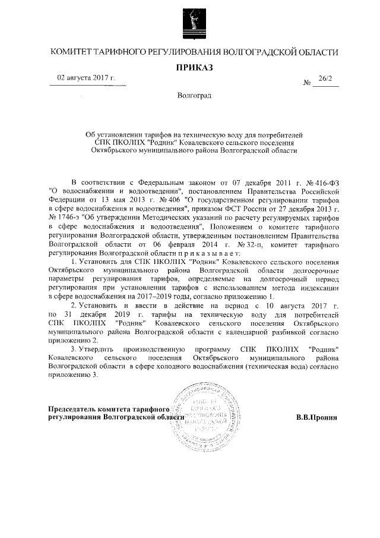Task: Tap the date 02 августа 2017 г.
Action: [x=86, y=78]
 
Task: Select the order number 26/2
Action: [x=325, y=78]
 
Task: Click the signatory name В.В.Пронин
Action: [x=316, y=417]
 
